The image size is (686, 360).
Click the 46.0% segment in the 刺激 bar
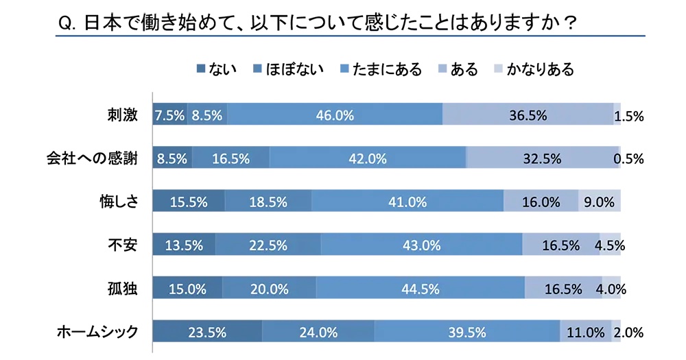(334, 115)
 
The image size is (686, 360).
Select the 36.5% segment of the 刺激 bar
(528, 115)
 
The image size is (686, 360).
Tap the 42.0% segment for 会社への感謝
(368, 158)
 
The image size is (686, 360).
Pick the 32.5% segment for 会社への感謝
(542, 158)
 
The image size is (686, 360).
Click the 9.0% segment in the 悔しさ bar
(600, 202)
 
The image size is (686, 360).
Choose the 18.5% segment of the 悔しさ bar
(268, 202)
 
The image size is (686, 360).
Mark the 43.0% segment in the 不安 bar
(421, 245)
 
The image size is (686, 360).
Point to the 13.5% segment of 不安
(184, 245)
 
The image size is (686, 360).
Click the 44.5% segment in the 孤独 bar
(420, 289)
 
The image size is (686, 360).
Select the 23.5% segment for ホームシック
(206, 333)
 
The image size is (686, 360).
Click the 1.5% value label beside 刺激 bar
(628, 117)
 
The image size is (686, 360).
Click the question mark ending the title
(568, 23)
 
